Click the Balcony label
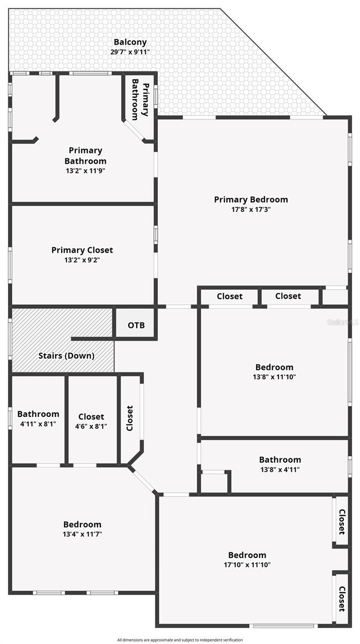tap(130, 42)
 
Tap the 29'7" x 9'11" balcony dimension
tap(130, 52)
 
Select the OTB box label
tap(136, 325)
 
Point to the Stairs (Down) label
tap(67, 356)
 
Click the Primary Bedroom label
tap(251, 200)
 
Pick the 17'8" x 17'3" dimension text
tap(251, 209)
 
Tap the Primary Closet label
tap(82, 250)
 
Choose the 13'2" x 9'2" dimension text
tap(82, 260)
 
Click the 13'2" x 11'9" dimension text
tap(85, 171)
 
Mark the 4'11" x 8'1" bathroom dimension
tap(38, 424)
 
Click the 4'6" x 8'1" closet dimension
tap(91, 426)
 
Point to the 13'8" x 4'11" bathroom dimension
tap(280, 470)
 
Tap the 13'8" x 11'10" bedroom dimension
tap(274, 377)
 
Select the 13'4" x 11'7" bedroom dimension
tap(82, 534)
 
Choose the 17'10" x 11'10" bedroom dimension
tap(247, 565)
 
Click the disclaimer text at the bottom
tap(180, 640)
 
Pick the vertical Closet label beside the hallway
tap(130, 418)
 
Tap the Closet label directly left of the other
tap(230, 296)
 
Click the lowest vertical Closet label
tap(342, 599)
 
